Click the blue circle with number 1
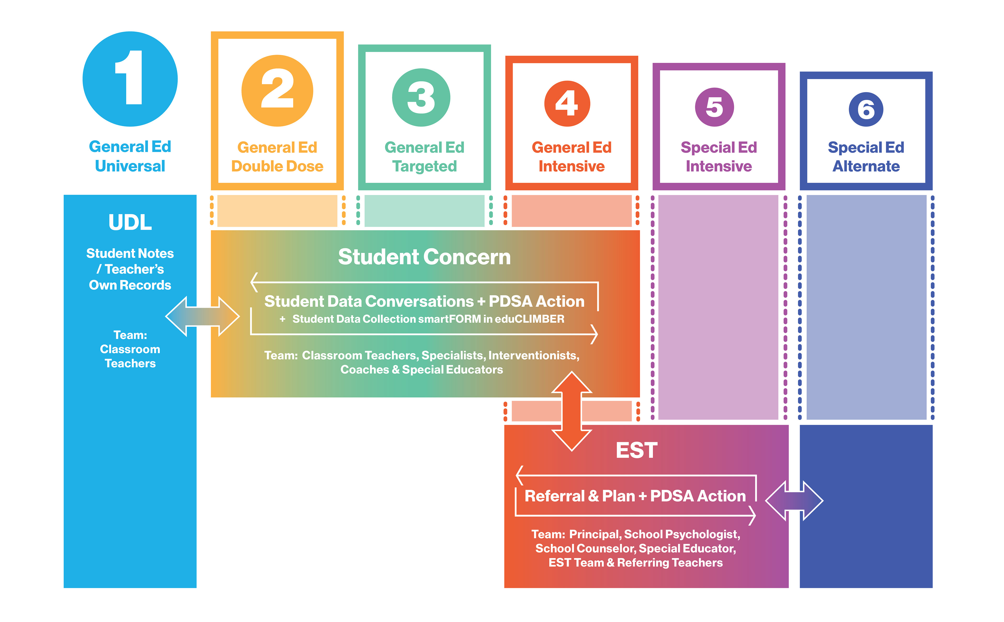[130, 79]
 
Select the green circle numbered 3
[421, 98]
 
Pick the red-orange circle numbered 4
[567, 103]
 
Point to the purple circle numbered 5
[714, 107]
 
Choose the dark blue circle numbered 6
[866, 109]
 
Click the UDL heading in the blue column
[130, 223]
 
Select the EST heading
[636, 450]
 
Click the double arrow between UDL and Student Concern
[202, 316]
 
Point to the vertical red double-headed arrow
[572, 411]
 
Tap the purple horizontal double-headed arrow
[794, 501]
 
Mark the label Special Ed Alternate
[866, 157]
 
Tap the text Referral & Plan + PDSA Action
[635, 496]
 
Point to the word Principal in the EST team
[595, 534]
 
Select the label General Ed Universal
[130, 156]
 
